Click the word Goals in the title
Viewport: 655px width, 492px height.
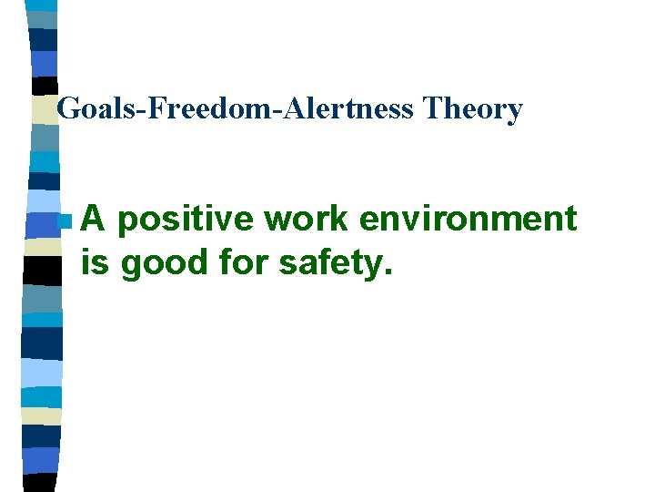coord(88,109)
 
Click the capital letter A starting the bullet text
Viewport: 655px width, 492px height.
coord(93,220)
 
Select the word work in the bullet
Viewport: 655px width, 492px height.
coord(298,220)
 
